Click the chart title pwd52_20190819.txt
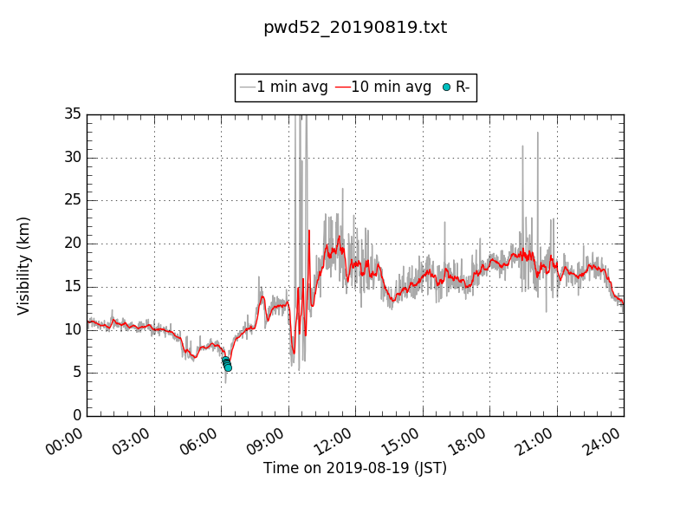(x=355, y=28)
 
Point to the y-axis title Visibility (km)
(x=24, y=265)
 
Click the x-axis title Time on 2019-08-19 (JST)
(x=355, y=468)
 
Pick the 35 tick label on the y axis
(x=72, y=114)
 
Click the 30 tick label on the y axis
(x=72, y=157)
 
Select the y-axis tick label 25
(x=72, y=200)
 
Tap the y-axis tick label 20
(x=72, y=244)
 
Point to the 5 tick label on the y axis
(x=76, y=373)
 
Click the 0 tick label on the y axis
(x=76, y=416)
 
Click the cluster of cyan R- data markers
(x=226, y=363)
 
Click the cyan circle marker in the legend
(x=447, y=87)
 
